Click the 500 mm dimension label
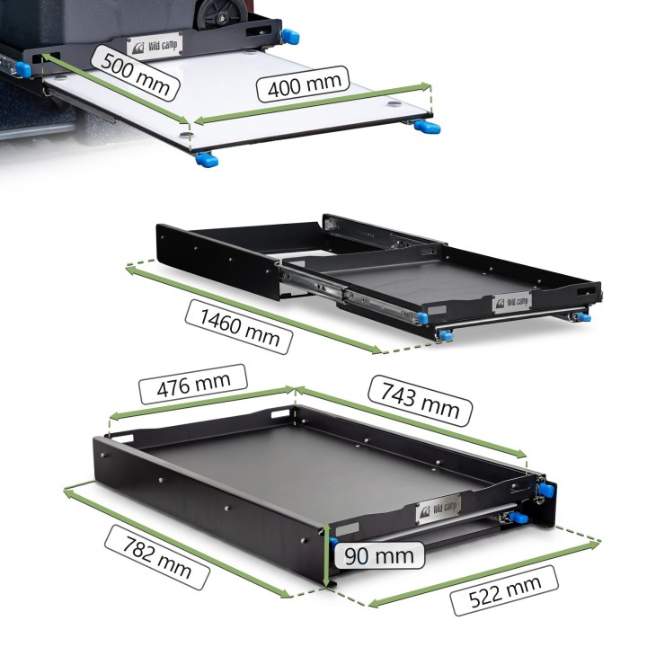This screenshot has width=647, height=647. [135, 72]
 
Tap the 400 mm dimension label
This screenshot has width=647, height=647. [303, 84]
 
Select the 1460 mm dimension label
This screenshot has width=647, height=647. [239, 326]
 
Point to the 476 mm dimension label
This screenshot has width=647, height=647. [193, 385]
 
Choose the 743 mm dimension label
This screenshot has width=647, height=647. [420, 400]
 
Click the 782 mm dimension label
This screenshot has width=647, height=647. [156, 557]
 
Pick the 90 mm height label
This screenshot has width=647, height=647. [379, 555]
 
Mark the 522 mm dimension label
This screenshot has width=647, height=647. [504, 591]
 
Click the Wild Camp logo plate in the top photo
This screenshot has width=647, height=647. [155, 45]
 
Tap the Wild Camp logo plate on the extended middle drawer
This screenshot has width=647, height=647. [511, 303]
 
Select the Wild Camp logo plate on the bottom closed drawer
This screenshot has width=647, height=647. [439, 509]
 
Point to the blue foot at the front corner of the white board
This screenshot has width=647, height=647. [207, 159]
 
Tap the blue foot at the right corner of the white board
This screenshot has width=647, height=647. [428, 127]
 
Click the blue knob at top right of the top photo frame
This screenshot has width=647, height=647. [290, 36]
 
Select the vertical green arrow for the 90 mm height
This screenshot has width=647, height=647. [327, 554]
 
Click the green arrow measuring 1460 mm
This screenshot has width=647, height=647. [253, 309]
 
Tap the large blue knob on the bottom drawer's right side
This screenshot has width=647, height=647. [546, 491]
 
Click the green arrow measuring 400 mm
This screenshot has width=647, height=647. [313, 103]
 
